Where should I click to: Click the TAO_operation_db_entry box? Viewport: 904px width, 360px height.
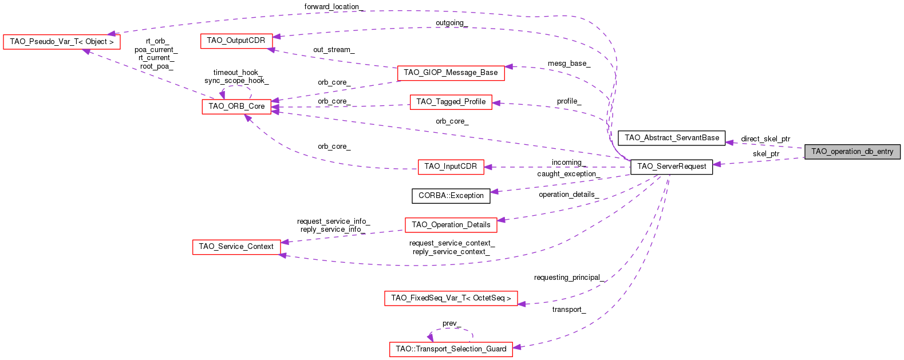coord(852,152)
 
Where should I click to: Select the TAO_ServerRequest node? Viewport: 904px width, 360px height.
coord(672,167)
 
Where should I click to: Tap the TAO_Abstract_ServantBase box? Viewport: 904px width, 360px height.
coord(672,138)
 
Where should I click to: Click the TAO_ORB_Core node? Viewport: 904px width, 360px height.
coord(236,106)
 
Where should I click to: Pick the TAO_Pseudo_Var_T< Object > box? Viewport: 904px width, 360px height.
coord(62,42)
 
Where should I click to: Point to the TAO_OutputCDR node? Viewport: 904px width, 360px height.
coord(236,41)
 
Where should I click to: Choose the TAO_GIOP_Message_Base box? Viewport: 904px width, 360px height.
coord(451,73)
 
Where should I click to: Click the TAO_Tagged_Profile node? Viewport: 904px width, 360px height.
coord(451,102)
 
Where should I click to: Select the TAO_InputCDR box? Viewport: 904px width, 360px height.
coord(451,167)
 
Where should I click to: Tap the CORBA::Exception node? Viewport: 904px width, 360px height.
coord(451,196)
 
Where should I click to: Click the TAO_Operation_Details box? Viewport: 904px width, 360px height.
coord(451,225)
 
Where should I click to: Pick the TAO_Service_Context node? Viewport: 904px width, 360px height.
coord(236,247)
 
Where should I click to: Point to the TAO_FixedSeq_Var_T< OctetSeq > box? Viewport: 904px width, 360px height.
coord(451,298)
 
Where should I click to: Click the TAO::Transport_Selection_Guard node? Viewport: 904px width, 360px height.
coord(451,349)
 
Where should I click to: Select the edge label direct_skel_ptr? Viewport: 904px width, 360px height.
coord(765,139)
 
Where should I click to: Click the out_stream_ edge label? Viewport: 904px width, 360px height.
coord(334,50)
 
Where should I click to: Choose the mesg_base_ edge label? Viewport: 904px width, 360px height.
coord(569,64)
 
